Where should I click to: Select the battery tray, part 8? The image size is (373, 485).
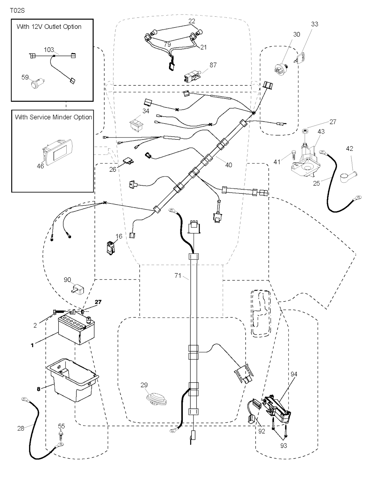tap(73, 380)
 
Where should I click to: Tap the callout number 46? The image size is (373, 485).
tap(40, 166)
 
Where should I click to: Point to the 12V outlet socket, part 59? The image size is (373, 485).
tap(36, 84)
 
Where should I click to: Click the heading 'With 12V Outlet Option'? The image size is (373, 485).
tap(49, 27)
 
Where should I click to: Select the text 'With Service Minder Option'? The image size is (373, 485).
tap(53, 117)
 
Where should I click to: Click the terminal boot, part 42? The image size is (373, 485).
tap(347, 175)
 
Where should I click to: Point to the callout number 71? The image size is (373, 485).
tap(177, 276)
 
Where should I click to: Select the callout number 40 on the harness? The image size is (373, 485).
tap(228, 165)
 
